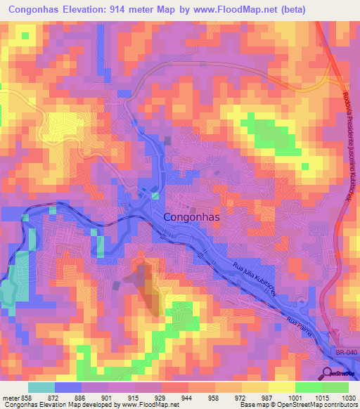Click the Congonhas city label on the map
click(191, 218)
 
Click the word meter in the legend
click(13, 398)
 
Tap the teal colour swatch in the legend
click(41, 387)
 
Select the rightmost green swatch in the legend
click(335, 387)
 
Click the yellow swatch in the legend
click(282, 387)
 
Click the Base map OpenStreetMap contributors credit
click(297, 405)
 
